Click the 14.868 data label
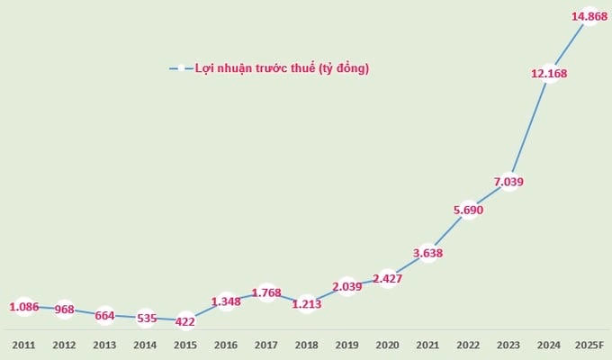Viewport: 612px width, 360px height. coord(589,16)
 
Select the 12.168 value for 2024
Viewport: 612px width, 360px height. coord(549,74)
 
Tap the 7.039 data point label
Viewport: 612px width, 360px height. coord(508,182)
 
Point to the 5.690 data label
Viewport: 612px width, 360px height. coord(468,210)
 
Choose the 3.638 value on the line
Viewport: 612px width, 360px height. coord(427,253)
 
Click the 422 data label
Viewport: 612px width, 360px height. coord(184,321)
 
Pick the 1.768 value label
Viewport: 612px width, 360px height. coord(266,292)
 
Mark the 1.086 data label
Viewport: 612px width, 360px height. coord(24,307)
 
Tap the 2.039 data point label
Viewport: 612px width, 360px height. coord(347,286)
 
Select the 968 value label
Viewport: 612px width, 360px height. coord(65,310)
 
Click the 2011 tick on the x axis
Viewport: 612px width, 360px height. coord(23,346)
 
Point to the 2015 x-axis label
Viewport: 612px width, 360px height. coord(185,346)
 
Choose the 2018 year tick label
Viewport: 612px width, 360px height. coord(306,346)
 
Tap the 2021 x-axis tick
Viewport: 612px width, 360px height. coord(427,346)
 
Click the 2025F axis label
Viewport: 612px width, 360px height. coord(589,346)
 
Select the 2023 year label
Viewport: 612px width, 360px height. coord(508,346)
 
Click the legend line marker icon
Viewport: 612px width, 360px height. coord(181,68)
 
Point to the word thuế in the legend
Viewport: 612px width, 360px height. coord(302,67)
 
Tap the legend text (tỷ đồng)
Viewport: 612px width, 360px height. coord(344,68)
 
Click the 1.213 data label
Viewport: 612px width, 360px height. coord(307,304)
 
